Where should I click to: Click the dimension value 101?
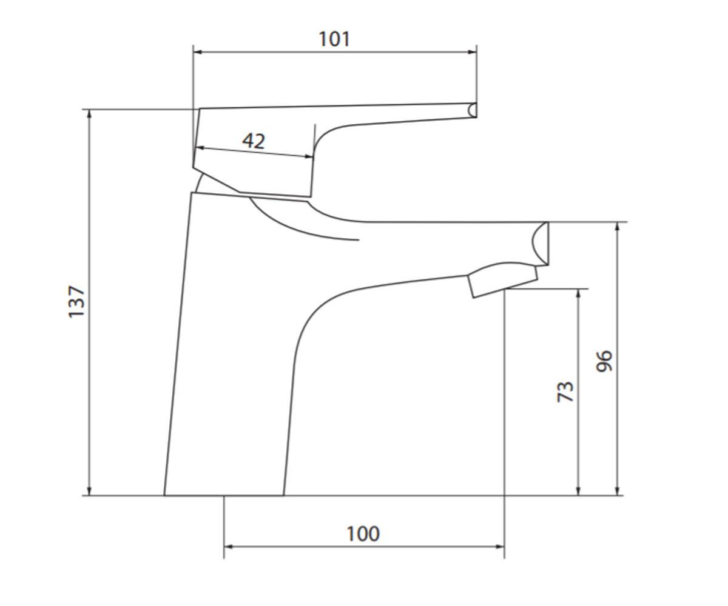pos(334,39)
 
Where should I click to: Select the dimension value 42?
pos(254,141)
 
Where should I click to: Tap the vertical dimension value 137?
pos(76,302)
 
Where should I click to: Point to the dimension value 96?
pos(604,361)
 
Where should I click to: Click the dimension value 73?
pos(565,392)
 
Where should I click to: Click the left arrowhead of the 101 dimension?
pos(198,52)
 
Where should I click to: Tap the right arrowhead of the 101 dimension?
pos(472,52)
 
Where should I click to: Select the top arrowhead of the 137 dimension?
pos(89,115)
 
